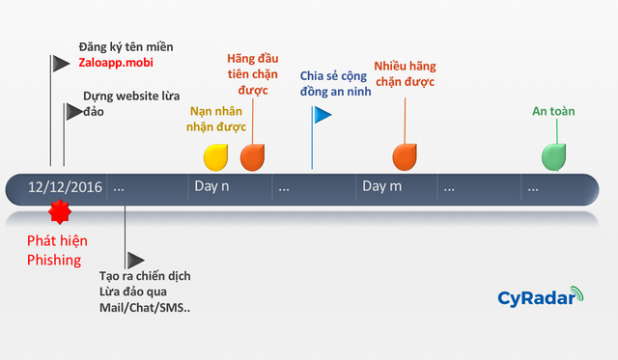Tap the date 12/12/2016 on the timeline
point(65,187)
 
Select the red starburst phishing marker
point(60,210)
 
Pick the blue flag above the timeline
point(322,115)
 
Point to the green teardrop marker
point(553,155)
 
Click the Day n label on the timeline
point(211,187)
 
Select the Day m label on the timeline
point(381,187)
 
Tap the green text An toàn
point(553,111)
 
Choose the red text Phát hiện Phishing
point(53,251)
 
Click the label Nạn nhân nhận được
point(217,118)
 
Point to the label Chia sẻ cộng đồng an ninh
point(333,84)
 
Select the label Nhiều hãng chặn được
point(405,75)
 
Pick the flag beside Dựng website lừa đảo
point(73,112)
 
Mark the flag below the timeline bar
point(135,260)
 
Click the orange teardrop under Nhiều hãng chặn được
point(405,155)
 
